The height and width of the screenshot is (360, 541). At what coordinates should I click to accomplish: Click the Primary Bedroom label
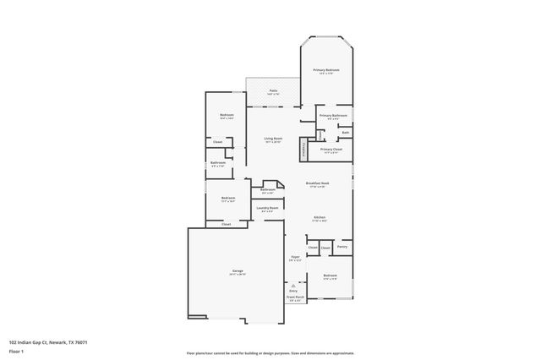(326, 70)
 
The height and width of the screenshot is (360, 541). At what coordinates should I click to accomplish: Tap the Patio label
(273, 90)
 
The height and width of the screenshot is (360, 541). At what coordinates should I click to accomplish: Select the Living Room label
(272, 139)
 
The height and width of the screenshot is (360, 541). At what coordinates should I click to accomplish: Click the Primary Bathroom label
(333, 115)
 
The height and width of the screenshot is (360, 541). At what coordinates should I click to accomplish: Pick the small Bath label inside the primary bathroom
(345, 132)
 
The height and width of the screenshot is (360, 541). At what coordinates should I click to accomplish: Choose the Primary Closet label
(331, 150)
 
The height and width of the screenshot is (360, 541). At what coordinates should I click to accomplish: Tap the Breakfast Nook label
(317, 183)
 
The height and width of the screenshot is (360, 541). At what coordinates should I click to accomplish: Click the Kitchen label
(320, 217)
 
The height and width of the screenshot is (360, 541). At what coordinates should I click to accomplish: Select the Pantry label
(342, 247)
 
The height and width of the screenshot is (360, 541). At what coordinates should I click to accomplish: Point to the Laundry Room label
(268, 208)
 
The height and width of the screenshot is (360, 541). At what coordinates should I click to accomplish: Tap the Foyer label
(295, 257)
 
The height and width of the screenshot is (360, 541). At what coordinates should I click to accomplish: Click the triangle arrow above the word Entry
(293, 286)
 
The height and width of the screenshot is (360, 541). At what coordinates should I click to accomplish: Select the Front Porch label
(293, 297)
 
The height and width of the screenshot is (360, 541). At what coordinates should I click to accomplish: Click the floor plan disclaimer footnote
(270, 352)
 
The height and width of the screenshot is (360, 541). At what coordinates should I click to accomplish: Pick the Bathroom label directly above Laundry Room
(268, 190)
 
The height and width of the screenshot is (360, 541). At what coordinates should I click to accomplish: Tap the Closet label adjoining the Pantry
(325, 247)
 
